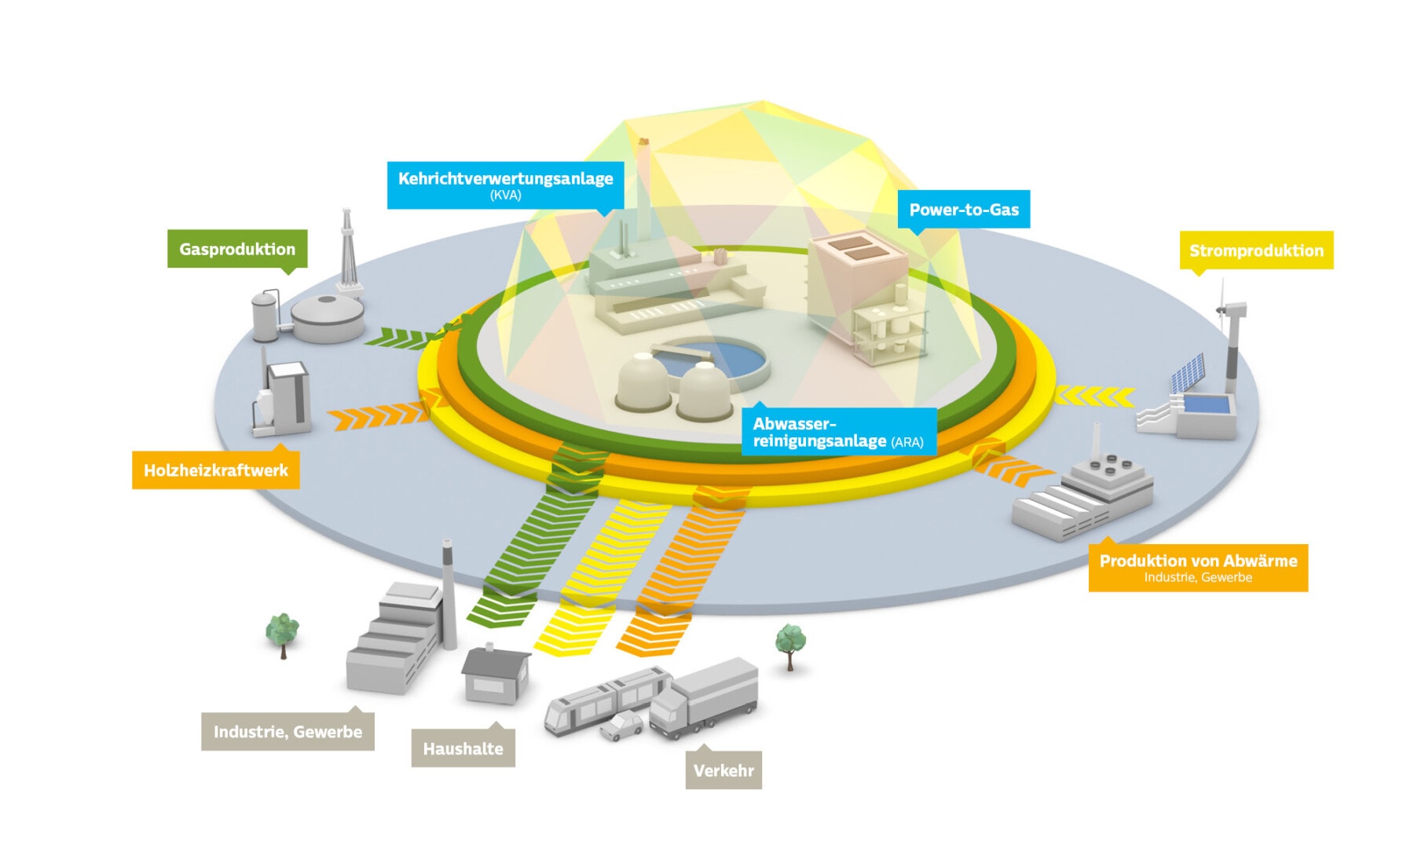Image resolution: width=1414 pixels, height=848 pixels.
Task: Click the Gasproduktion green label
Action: point(236,249)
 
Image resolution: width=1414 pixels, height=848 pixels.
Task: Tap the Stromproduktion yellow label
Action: point(1255,250)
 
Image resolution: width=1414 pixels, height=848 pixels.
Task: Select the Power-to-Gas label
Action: point(963,210)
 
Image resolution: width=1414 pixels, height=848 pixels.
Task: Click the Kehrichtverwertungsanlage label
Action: point(505,185)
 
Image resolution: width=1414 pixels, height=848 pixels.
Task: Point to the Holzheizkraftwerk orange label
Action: point(215,470)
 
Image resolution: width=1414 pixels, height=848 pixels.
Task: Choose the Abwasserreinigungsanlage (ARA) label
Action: point(838,432)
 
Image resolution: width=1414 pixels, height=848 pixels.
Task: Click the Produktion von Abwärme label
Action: point(1197,567)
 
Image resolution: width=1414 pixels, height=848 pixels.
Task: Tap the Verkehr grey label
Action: point(723,770)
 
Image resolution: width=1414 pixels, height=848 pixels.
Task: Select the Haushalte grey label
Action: point(463,748)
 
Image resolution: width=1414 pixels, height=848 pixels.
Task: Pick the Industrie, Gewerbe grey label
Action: point(288,732)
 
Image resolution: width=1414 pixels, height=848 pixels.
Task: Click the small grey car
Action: point(621,726)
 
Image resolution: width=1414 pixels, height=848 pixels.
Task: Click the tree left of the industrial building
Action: point(282,631)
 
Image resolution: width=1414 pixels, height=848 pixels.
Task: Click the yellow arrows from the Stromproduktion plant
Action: point(1093,397)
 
